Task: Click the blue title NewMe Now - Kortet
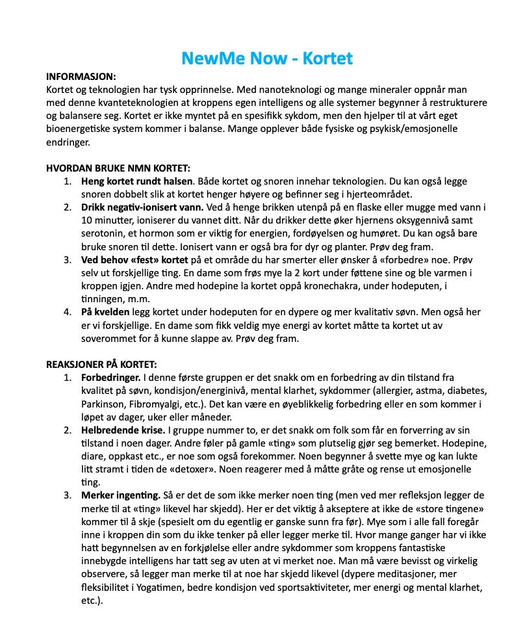click(x=267, y=58)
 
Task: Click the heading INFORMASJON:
click(x=81, y=77)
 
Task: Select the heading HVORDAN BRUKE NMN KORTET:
click(x=118, y=168)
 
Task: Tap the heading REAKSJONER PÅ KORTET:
click(x=101, y=364)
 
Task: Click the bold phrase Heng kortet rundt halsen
click(x=136, y=181)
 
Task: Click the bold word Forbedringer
click(x=110, y=377)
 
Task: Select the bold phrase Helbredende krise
click(x=123, y=430)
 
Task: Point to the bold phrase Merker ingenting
click(x=120, y=495)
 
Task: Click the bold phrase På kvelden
click(x=106, y=312)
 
